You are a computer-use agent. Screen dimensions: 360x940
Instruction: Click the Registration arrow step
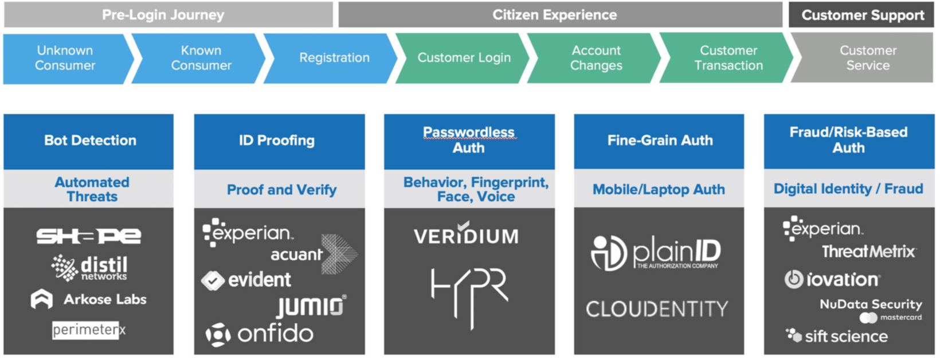coord(334,58)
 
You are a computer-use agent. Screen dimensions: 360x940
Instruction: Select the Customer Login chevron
coord(463,58)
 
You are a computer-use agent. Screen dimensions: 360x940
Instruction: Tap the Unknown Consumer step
coord(65,58)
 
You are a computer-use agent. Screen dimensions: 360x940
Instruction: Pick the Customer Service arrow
coord(867,58)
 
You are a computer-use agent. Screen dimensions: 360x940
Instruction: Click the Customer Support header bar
coord(862,15)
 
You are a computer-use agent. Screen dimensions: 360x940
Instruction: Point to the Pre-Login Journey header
coord(163,15)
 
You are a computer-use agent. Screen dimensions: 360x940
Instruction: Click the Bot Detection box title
coord(90,140)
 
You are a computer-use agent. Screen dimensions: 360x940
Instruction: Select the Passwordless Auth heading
coord(469,140)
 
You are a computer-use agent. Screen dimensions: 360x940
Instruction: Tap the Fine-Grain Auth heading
coord(660,140)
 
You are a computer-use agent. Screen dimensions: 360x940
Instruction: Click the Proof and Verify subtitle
coord(281,190)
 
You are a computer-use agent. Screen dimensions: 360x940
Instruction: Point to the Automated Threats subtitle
coord(92,189)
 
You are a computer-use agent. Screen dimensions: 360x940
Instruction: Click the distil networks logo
coord(90,268)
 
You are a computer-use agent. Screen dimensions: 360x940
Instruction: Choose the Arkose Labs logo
coord(89,299)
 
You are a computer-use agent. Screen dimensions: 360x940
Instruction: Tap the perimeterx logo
coord(89,330)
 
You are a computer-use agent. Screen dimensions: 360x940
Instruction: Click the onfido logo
coord(260,334)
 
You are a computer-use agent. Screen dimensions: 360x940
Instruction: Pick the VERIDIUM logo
coord(466,235)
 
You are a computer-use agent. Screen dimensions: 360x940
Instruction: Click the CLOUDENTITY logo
coord(657,310)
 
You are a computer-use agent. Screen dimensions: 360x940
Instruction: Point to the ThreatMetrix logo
coord(868,252)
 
